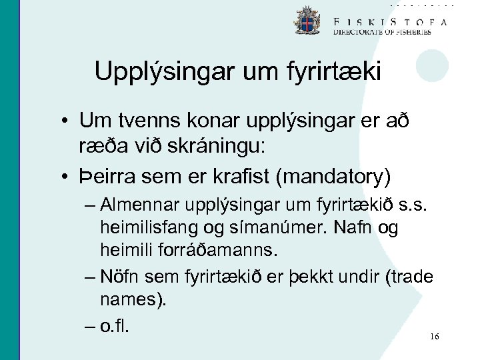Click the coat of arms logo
[307, 21]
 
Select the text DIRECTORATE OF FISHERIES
[382, 33]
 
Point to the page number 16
[435, 337]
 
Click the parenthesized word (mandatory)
[337, 177]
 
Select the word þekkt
[322, 276]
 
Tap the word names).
[133, 300]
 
